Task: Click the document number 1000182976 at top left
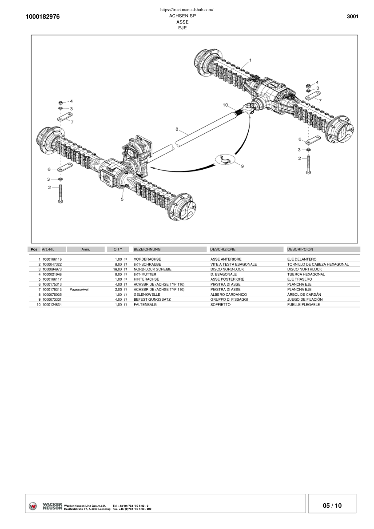43,16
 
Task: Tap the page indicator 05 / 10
332,505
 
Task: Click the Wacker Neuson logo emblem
33,506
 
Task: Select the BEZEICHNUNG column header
147,250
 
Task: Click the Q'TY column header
118,250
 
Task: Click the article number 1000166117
52,279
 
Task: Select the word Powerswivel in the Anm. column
79,289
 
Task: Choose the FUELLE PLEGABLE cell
303,305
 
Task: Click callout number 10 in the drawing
225,105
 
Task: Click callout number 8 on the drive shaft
177,129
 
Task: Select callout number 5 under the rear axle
122,199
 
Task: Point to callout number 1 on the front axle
250,60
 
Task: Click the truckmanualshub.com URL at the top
187,9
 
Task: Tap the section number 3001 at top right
352,16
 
